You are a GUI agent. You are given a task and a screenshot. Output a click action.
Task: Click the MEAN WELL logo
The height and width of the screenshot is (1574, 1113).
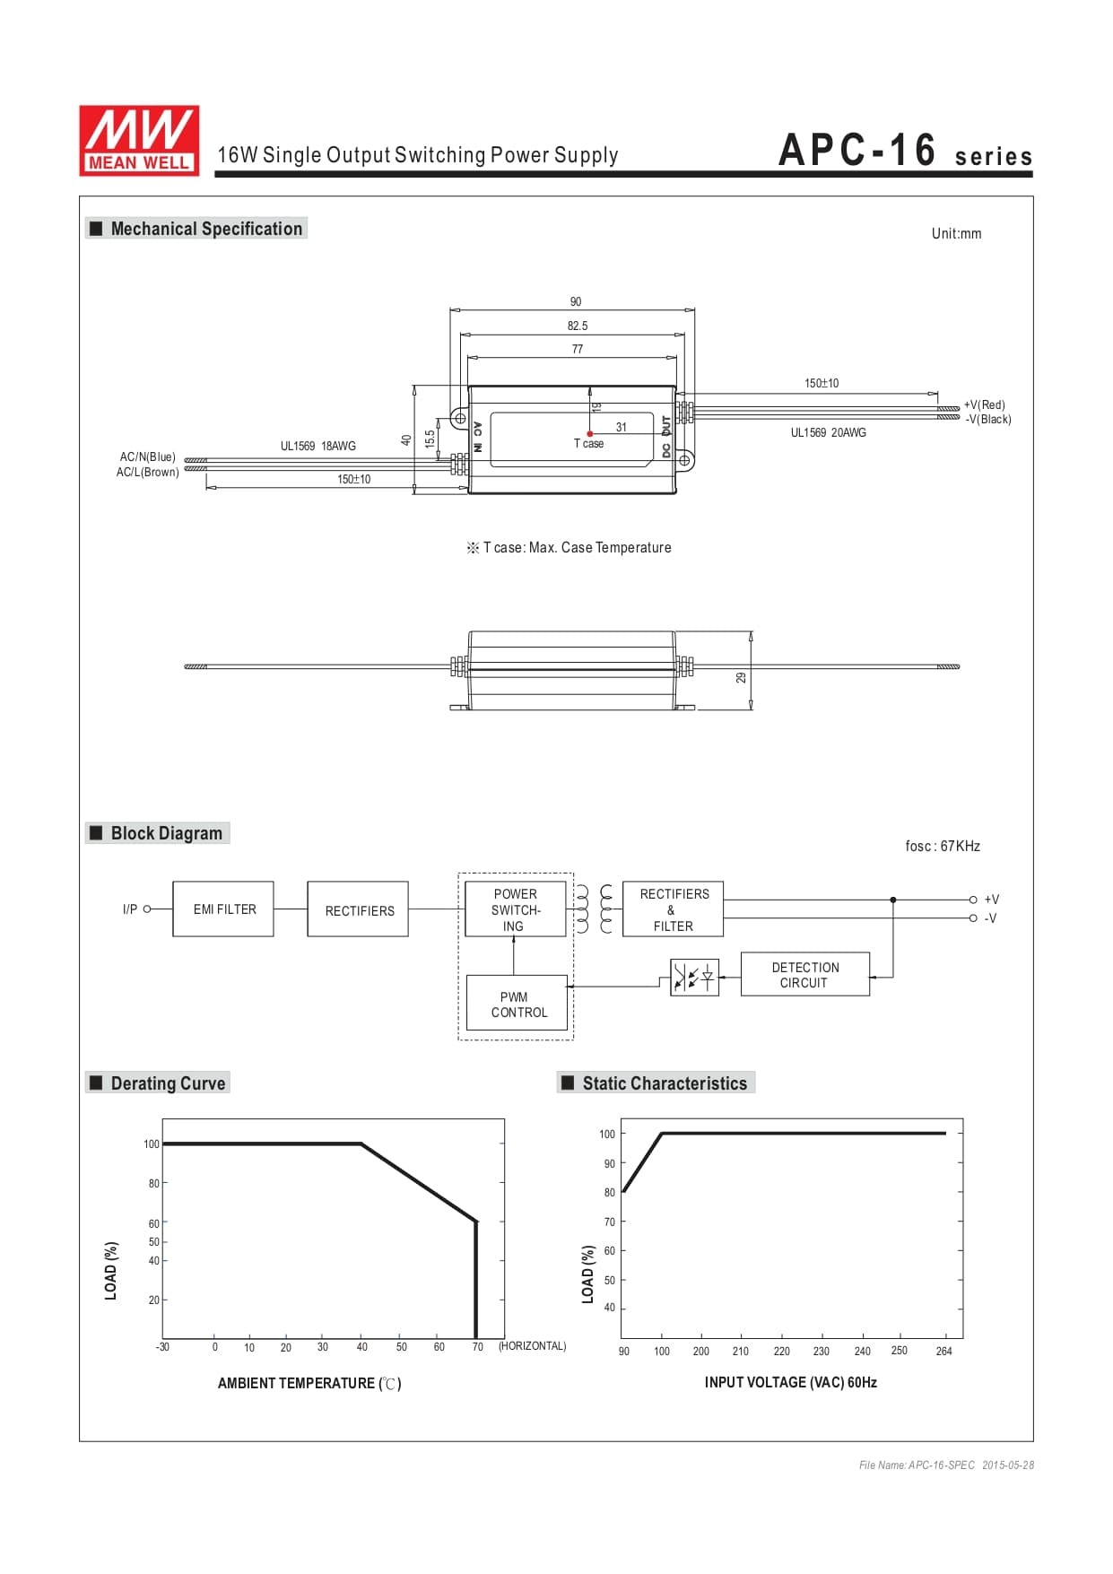tap(139, 140)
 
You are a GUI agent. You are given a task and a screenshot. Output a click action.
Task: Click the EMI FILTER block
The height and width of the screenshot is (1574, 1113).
tap(223, 909)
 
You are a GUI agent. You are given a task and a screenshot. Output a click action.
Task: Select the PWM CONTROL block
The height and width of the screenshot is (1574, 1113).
tap(517, 1004)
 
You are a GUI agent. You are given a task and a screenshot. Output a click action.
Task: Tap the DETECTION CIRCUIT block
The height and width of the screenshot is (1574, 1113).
tap(804, 974)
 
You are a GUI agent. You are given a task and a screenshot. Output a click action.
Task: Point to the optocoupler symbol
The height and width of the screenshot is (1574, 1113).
tap(694, 976)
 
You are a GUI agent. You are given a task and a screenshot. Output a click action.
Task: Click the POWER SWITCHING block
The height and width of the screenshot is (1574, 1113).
tap(515, 909)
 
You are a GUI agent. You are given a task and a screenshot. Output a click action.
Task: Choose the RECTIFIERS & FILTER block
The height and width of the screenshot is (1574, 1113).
tap(673, 909)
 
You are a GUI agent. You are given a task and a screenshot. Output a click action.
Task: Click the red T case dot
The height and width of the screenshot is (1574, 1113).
tap(589, 434)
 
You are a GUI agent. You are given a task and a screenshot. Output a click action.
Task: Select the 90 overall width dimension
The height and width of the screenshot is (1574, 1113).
tap(576, 301)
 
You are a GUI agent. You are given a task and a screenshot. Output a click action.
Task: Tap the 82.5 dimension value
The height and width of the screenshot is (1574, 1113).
tap(578, 326)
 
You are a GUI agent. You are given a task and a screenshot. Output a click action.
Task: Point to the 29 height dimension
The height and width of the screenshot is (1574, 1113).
tap(741, 677)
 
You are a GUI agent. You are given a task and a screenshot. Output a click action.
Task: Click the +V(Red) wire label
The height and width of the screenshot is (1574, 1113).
tap(984, 404)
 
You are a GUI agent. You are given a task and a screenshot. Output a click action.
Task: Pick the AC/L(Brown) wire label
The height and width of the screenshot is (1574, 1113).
tap(147, 472)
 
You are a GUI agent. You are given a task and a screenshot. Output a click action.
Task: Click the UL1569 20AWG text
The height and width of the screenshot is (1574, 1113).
tap(828, 432)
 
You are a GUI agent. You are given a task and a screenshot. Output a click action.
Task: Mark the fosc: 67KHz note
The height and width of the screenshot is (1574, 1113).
tap(943, 846)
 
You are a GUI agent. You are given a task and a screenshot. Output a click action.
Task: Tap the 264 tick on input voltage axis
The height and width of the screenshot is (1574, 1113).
tap(943, 1351)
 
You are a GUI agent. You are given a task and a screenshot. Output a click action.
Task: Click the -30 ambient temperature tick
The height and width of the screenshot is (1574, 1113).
tap(162, 1346)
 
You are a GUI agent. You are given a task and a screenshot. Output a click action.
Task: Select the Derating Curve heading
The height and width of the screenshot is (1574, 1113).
tap(168, 1083)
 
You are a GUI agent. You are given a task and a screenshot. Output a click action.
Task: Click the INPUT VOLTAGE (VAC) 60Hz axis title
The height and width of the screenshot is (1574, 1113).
tap(790, 1382)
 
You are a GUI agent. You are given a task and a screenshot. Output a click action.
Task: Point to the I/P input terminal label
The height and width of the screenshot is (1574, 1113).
tap(130, 909)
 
